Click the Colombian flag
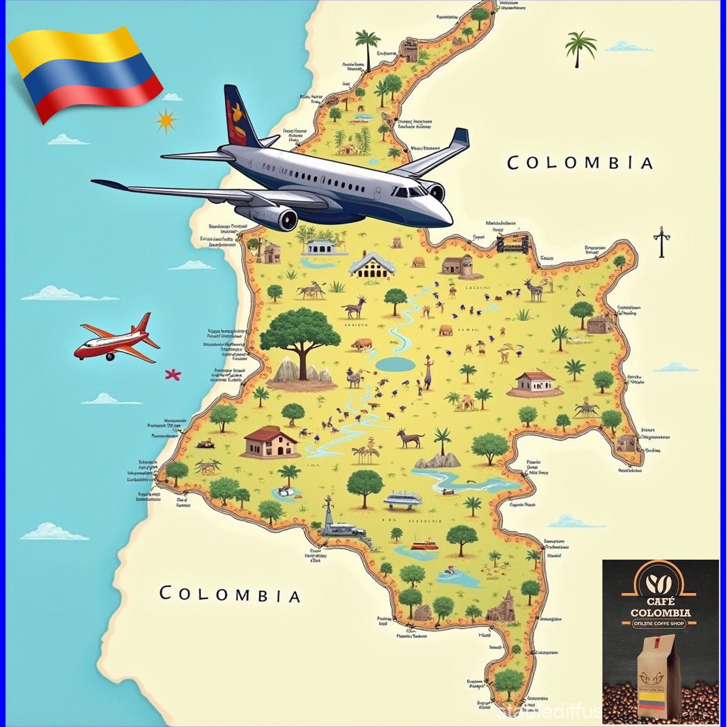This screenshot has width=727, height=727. [84, 71]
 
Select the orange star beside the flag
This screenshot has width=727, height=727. [166, 120]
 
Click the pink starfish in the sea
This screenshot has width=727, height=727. [173, 375]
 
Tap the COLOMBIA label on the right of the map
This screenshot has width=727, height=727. [580, 163]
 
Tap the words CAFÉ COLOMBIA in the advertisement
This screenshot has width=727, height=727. [660, 607]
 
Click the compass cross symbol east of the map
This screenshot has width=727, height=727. [661, 242]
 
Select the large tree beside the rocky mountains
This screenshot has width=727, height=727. [300, 333]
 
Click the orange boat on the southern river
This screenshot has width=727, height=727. [424, 544]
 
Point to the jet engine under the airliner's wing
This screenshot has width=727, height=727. [282, 218]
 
